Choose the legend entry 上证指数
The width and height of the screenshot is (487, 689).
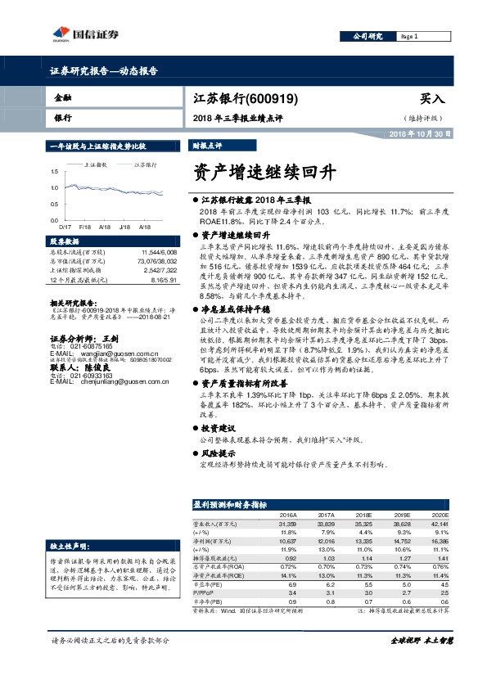(x=97, y=165)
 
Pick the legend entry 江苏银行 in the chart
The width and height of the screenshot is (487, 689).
(x=147, y=165)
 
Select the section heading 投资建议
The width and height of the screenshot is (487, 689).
(x=219, y=427)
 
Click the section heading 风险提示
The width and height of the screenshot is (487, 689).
(x=219, y=453)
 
